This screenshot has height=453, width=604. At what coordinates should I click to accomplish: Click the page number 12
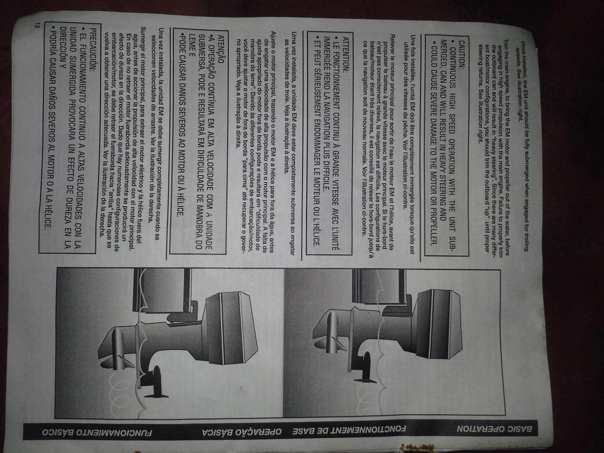(37, 25)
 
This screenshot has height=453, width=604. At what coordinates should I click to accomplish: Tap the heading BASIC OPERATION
(495, 428)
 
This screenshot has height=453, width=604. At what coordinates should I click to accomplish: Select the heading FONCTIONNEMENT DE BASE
(349, 429)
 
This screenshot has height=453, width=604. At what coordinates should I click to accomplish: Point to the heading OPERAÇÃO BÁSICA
(242, 432)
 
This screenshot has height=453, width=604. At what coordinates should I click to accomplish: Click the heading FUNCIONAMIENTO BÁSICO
(97, 432)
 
